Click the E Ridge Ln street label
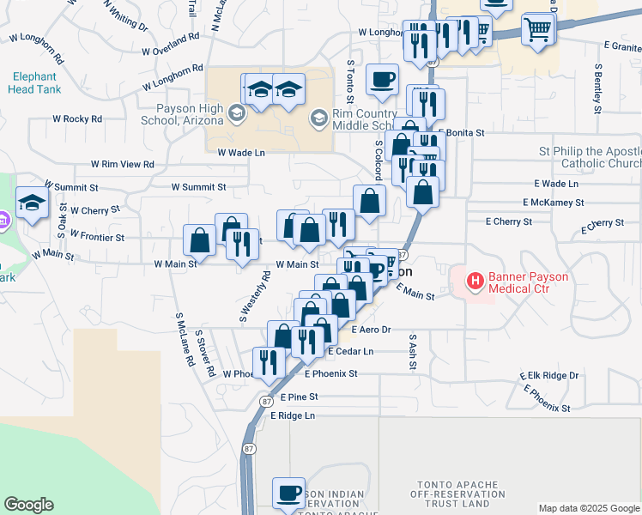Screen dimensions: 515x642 [x=293, y=415]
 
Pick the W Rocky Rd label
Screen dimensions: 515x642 [x=77, y=118]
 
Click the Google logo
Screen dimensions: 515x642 [x=28, y=505]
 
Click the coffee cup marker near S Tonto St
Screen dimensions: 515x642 [x=382, y=79]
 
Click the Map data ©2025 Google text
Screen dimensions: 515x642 [x=589, y=508]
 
